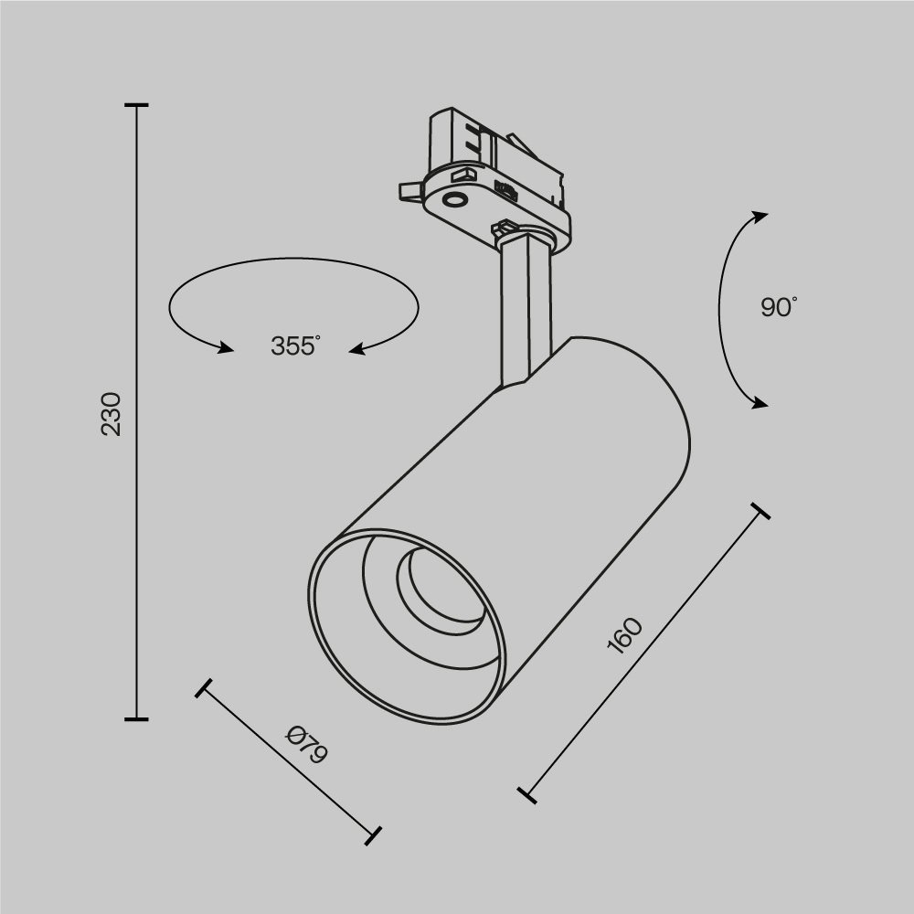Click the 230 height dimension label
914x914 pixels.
pyautogui.click(x=111, y=413)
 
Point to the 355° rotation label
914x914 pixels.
pyautogui.click(x=295, y=346)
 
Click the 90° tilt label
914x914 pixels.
pyautogui.click(x=779, y=307)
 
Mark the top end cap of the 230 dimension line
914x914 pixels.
pyautogui.click(x=136, y=106)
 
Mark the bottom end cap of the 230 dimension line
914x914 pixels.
pyautogui.click(x=136, y=719)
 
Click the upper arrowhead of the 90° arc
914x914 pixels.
pyautogui.click(x=759, y=216)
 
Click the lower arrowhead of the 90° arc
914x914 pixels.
pyautogui.click(x=759, y=403)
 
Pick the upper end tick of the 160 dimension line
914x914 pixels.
pyautogui.click(x=759, y=511)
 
